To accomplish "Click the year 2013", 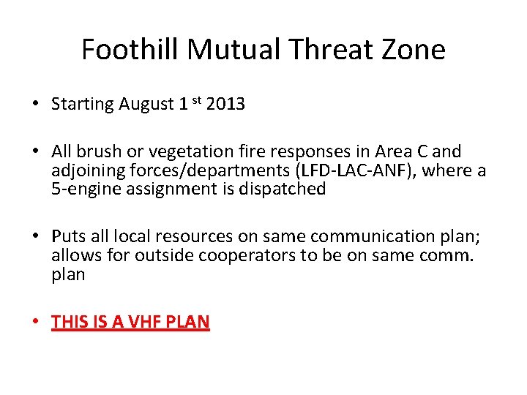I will pyautogui.click(x=225, y=105).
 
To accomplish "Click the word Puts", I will pyautogui.click(x=67, y=237).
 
